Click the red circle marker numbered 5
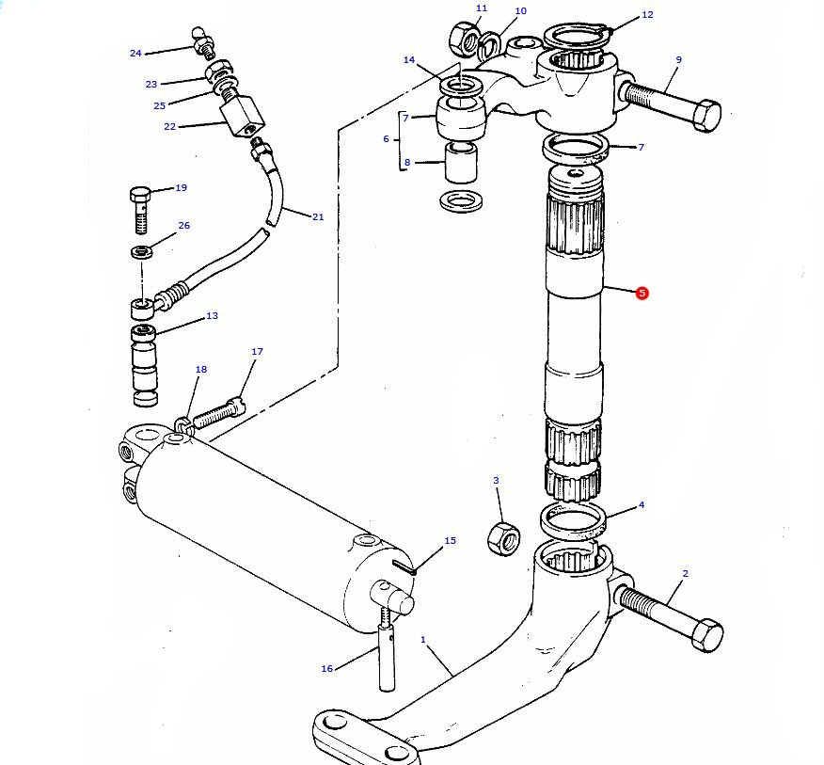(642, 294)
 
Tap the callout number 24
(135, 53)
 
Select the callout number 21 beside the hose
(318, 216)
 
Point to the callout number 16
(326, 668)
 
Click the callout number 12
(647, 15)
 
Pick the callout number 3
(496, 480)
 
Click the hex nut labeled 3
(504, 539)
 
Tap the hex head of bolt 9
(706, 115)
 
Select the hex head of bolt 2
(707, 635)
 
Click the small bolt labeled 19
(140, 209)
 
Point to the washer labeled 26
(142, 252)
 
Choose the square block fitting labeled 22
(243, 117)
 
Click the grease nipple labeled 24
(203, 42)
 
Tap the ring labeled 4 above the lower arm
(573, 520)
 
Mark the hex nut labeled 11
(464, 39)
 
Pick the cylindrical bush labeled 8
(462, 163)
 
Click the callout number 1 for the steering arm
(423, 639)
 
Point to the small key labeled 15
(404, 566)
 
